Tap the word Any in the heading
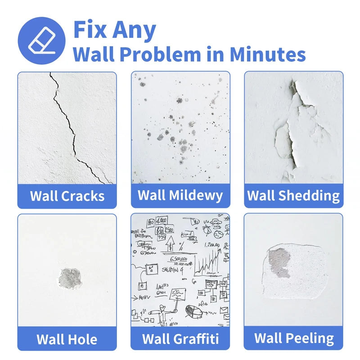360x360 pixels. (133, 31)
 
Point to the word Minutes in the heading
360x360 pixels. (268, 54)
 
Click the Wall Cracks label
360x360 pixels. (67, 196)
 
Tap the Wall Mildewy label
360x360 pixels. (180, 195)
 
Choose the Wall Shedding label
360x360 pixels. (293, 196)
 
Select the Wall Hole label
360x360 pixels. (67, 338)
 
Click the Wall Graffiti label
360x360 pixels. (180, 338)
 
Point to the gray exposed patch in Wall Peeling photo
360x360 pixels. (279, 262)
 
